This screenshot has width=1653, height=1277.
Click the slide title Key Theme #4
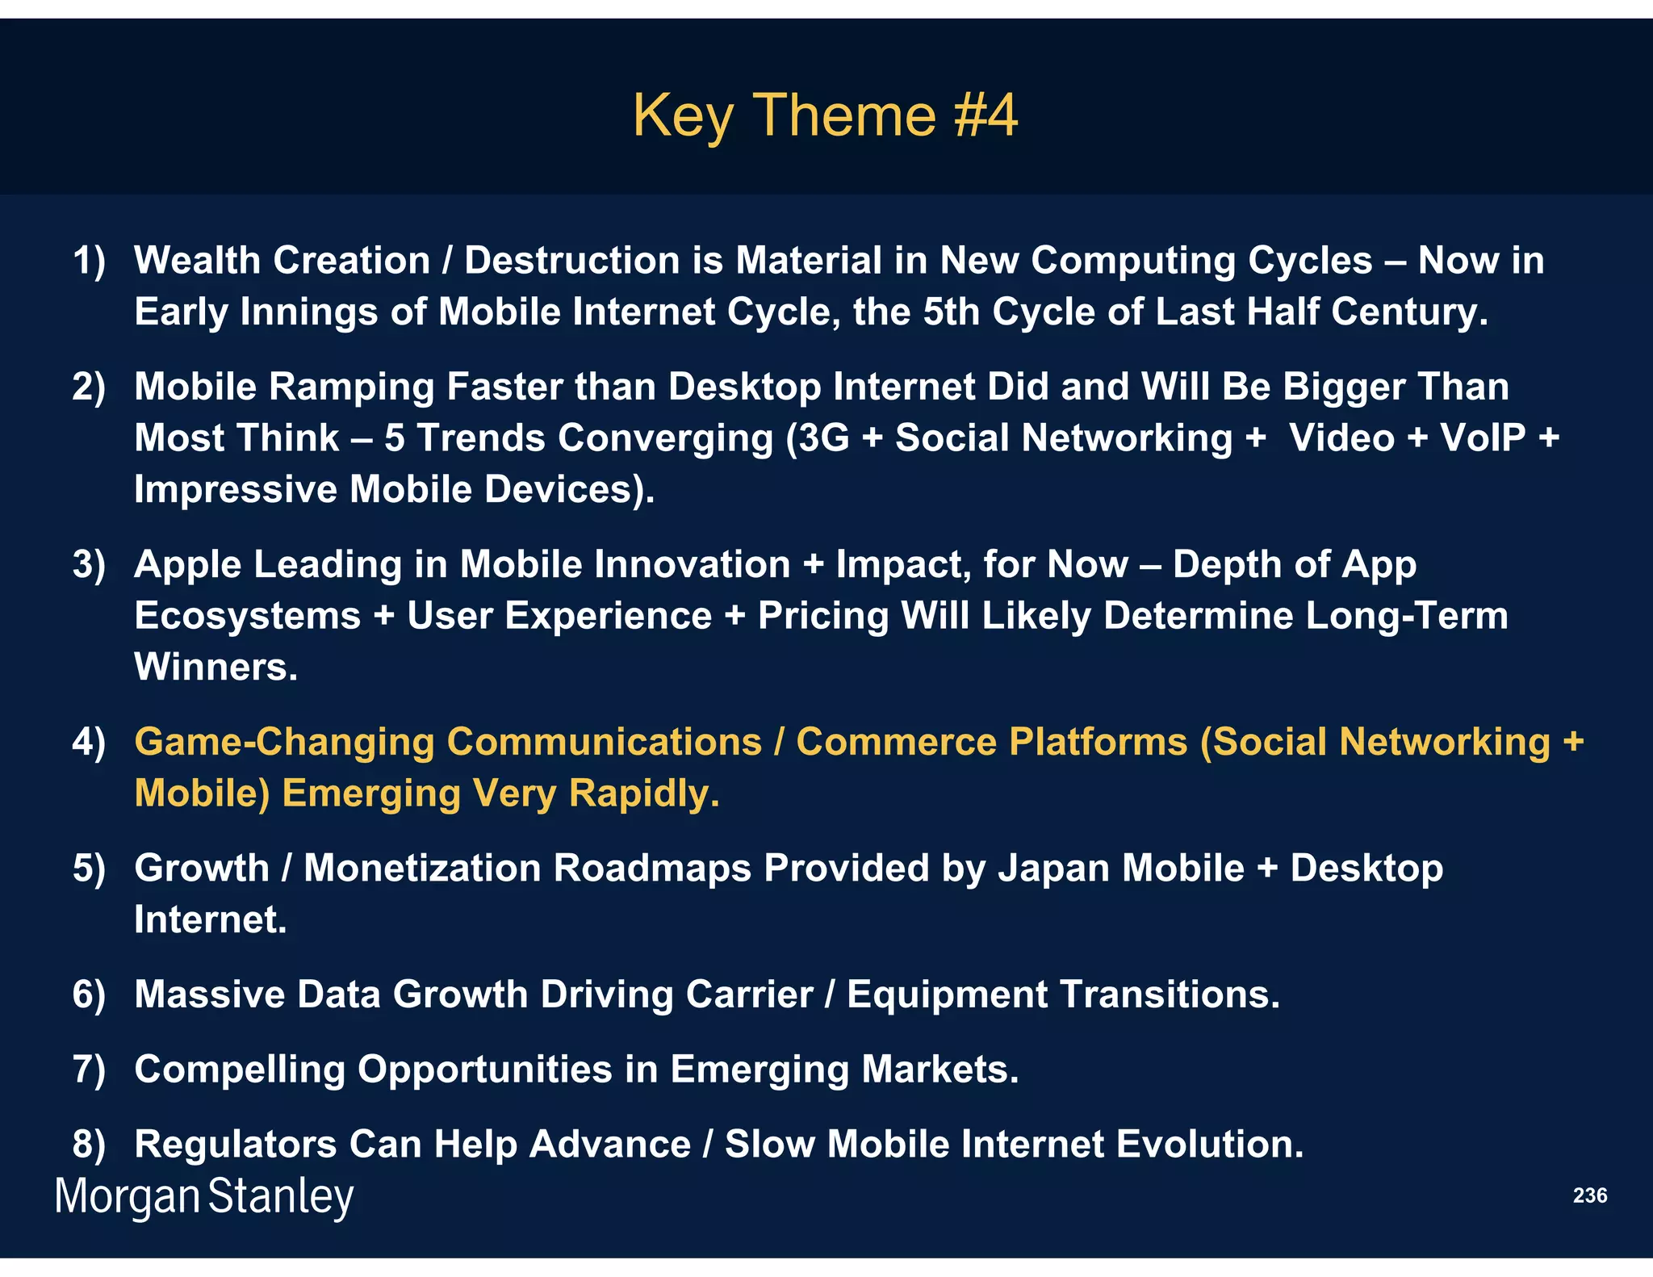click(825, 115)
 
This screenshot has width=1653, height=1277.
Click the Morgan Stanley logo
click(203, 1196)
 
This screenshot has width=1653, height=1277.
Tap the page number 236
click(1589, 1195)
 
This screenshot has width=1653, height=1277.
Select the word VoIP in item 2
click(1483, 438)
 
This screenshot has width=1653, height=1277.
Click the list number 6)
click(89, 994)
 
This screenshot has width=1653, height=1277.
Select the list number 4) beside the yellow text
click(89, 743)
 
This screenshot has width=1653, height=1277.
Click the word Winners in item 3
click(216, 668)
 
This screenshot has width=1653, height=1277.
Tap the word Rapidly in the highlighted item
click(643, 793)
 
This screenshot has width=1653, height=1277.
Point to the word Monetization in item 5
click(422, 869)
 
